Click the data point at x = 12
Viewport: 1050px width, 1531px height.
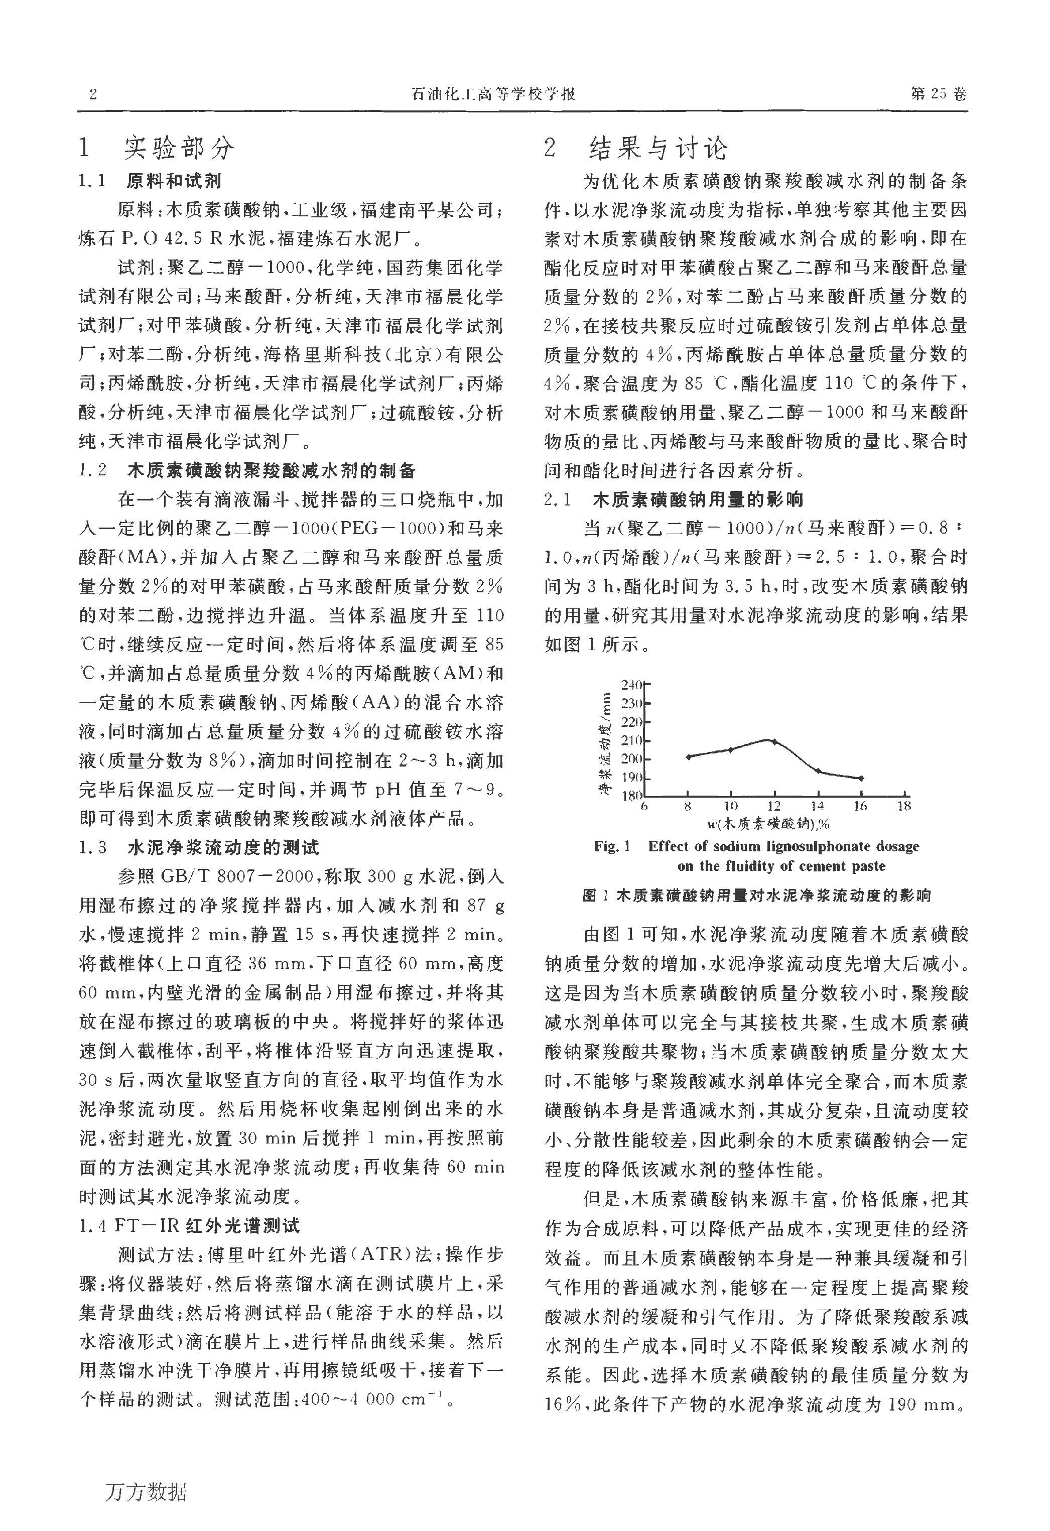[x=774, y=741]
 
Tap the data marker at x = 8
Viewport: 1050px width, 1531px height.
[x=688, y=756]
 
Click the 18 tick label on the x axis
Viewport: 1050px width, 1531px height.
[x=904, y=806]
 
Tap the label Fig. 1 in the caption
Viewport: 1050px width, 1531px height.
[x=612, y=846]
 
